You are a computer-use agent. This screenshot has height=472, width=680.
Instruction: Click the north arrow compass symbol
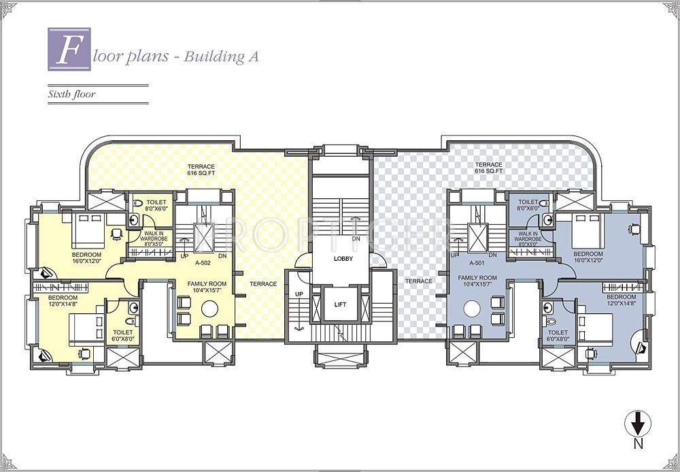(x=637, y=427)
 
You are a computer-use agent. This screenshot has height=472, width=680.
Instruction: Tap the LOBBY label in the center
(x=343, y=259)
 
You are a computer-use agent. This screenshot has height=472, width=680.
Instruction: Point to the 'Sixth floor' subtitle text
(x=71, y=95)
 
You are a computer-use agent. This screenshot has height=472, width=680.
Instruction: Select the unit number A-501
(x=477, y=262)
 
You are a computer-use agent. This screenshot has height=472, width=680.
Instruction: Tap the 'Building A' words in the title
(x=222, y=57)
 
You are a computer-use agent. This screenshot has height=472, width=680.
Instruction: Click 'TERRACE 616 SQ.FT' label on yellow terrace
(x=202, y=169)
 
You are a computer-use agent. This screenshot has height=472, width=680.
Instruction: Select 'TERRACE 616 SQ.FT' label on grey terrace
(x=488, y=168)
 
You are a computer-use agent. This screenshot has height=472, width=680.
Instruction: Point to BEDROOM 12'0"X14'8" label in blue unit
(x=621, y=300)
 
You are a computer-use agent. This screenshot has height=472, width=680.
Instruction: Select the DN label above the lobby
(x=356, y=239)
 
